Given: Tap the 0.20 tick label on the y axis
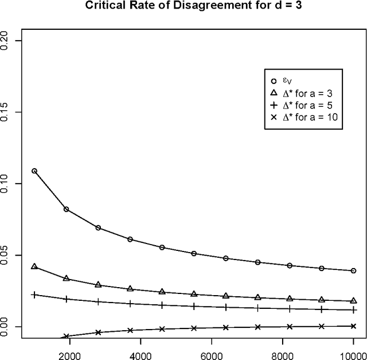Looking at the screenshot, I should (5, 41).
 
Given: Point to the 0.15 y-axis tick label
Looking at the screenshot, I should (5, 112).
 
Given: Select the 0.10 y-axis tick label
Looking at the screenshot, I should (5, 184).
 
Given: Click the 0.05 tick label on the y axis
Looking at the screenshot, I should (5, 255).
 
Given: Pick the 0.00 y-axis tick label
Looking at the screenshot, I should (5, 327).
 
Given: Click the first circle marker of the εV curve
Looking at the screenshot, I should (34, 171).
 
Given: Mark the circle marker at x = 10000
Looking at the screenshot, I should (354, 270).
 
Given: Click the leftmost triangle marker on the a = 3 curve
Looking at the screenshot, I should (34, 266).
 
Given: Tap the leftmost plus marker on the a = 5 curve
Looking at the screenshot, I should (34, 295).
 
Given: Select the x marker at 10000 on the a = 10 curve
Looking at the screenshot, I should (354, 326).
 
